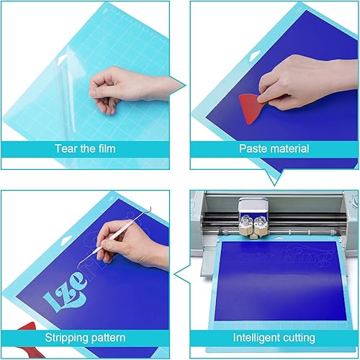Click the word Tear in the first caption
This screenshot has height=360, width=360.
pos(66,149)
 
